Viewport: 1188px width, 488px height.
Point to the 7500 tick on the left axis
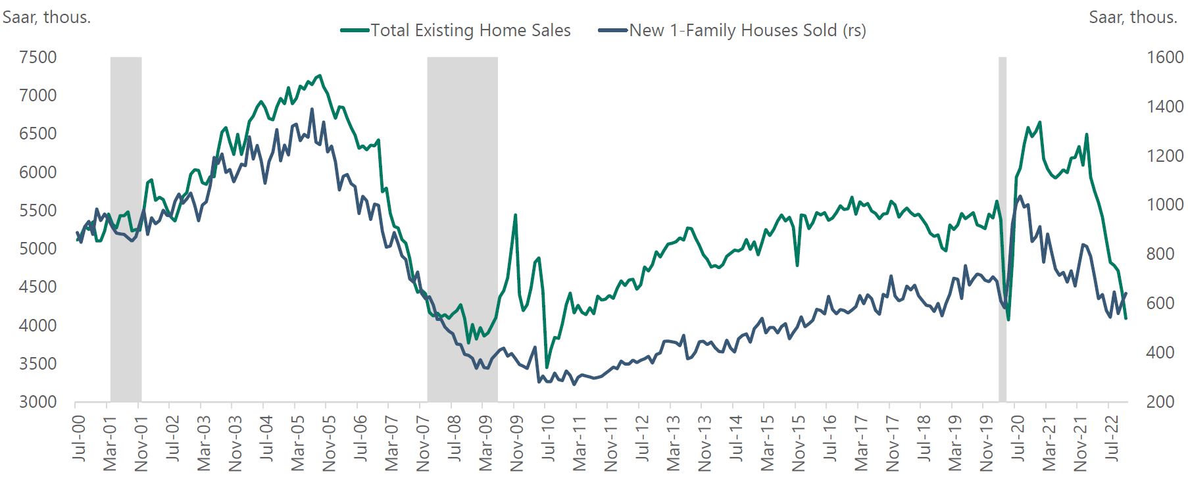point(38,58)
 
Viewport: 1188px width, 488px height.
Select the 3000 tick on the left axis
point(38,402)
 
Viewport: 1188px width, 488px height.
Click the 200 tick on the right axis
point(1160,402)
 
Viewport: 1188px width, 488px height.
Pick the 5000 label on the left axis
point(38,249)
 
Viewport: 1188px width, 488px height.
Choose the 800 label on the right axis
point(1160,254)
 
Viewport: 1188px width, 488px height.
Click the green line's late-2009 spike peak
point(515,215)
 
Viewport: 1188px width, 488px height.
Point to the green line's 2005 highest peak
point(320,76)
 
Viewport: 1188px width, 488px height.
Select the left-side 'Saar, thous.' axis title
point(46,17)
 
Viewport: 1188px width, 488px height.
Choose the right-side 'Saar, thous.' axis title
point(1133,17)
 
